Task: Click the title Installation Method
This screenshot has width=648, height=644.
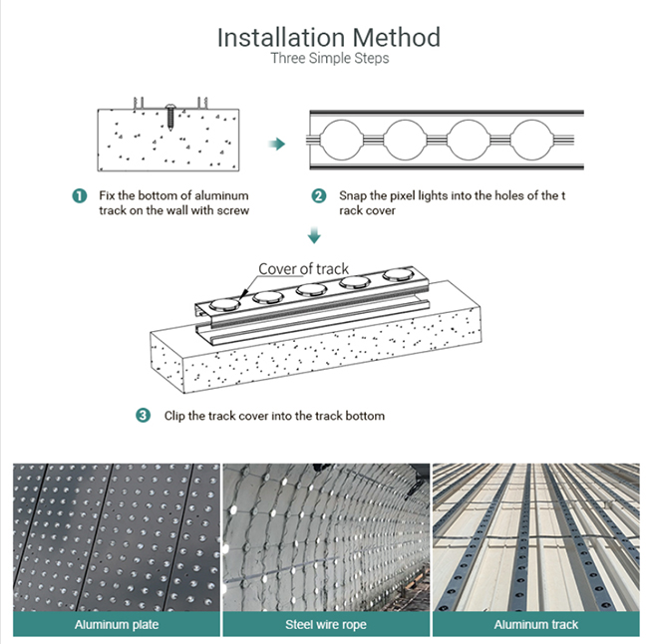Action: [328, 37]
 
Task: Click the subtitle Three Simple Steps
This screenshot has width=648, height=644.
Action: [329, 59]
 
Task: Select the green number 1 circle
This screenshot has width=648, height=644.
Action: [79, 195]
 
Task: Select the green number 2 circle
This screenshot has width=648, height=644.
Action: [319, 195]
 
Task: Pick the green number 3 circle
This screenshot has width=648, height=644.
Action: [144, 415]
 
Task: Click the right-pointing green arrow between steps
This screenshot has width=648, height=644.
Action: [277, 145]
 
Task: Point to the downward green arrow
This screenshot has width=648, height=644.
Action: [315, 235]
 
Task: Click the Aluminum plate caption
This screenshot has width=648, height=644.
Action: [117, 625]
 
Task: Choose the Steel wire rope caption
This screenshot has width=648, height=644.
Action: [325, 625]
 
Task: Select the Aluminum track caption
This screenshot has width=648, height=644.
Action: [534, 625]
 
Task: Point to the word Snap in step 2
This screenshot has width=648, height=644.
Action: [352, 195]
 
